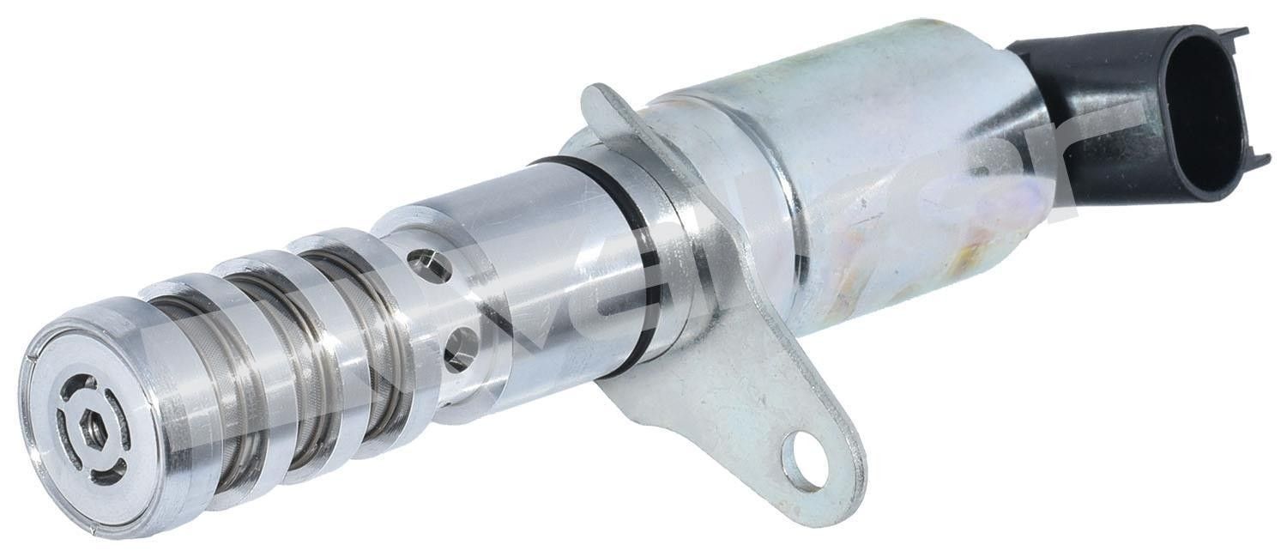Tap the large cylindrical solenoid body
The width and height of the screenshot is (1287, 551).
(858, 197)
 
